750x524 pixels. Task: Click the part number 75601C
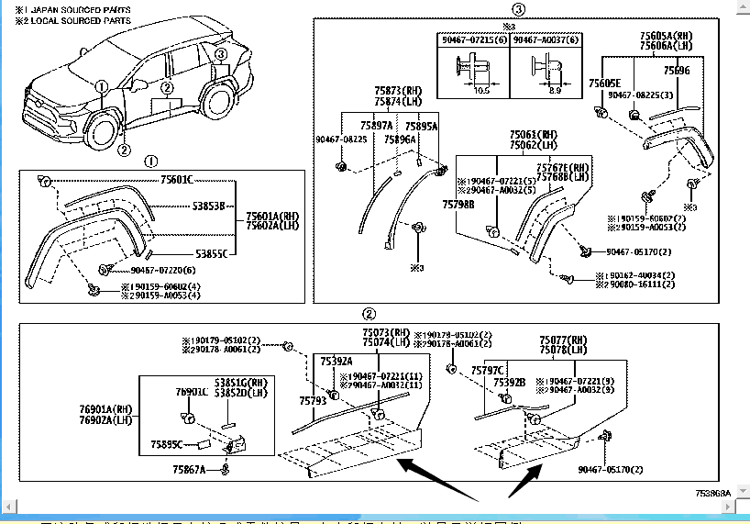(x=182, y=179)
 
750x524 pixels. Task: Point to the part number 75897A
(x=376, y=126)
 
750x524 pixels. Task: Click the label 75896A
(x=400, y=139)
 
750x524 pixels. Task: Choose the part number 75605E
(x=604, y=83)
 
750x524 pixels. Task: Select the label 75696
(x=677, y=71)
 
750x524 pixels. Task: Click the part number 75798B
(x=458, y=205)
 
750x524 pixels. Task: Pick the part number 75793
(x=313, y=400)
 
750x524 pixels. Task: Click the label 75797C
(x=488, y=369)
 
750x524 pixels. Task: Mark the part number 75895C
(x=168, y=444)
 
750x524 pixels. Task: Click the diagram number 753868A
(x=712, y=493)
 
